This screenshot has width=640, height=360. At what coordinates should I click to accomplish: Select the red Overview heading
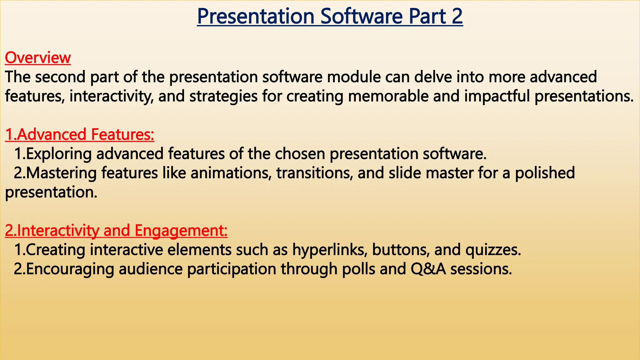[38, 58]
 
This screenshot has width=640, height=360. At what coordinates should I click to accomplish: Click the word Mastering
[61, 173]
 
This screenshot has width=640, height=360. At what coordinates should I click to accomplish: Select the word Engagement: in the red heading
[181, 231]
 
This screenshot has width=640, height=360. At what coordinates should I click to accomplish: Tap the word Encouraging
[70, 269]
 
